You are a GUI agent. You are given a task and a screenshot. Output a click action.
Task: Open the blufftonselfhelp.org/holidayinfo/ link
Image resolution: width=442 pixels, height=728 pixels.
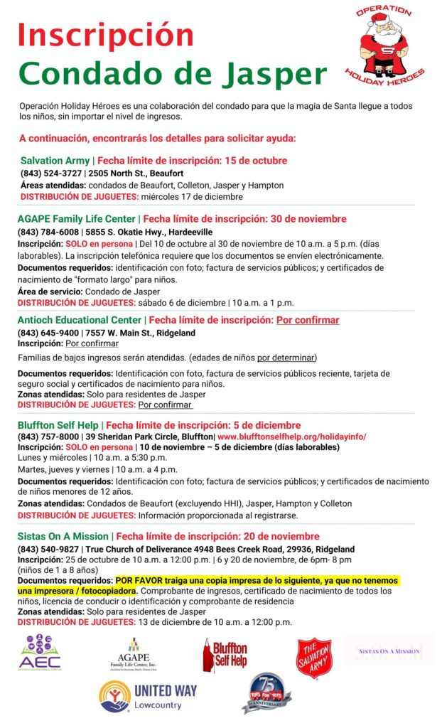pos(292,437)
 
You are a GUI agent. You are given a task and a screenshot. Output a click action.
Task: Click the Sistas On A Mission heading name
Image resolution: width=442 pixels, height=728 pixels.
pos(63,536)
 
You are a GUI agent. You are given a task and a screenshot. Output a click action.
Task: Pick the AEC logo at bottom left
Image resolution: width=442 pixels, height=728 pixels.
pos(41,653)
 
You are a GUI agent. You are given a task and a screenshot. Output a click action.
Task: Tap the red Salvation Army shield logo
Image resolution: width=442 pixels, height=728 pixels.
pos(314,658)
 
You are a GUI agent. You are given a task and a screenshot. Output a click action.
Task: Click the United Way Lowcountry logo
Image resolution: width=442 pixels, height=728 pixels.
pos(149,696)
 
